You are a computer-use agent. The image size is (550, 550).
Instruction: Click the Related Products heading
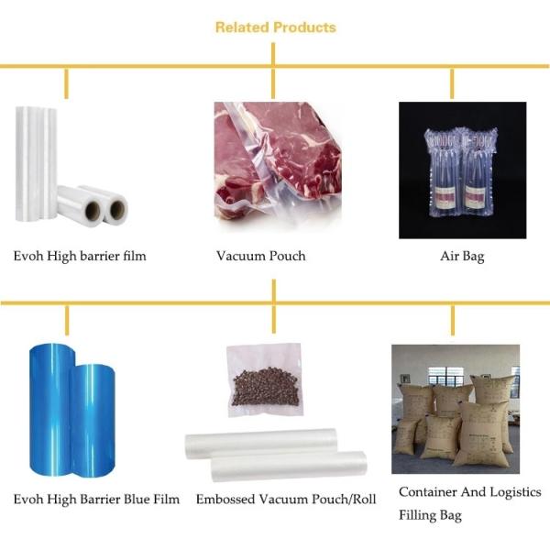pos(276,27)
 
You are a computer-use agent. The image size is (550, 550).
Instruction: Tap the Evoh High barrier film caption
pos(80,256)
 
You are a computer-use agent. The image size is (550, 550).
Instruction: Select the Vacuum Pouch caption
pos(260,256)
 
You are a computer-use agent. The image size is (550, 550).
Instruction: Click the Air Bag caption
pos(462,257)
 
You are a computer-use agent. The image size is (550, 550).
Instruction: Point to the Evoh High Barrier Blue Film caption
pos(96,500)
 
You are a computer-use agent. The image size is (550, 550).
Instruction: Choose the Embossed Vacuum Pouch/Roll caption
pos(286,500)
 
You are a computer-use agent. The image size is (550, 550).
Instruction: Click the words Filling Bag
pos(430,515)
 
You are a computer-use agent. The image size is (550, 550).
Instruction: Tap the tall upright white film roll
pos(36,164)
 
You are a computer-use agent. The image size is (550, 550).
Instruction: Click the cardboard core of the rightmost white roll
pos(117,209)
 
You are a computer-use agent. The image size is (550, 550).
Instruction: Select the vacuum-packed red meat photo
pos(278,165)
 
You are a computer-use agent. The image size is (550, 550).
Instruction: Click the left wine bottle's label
pos(444,197)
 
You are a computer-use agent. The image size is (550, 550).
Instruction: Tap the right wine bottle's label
pos(474,197)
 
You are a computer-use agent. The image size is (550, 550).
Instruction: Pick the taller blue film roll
pos(51,409)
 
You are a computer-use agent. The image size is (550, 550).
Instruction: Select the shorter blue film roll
pos(93,421)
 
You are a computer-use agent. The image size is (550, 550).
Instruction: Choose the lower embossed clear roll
pos(289,466)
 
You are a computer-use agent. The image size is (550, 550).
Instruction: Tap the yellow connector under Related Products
pos(273,54)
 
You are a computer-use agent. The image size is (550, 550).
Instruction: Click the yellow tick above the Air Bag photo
pos(452,83)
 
